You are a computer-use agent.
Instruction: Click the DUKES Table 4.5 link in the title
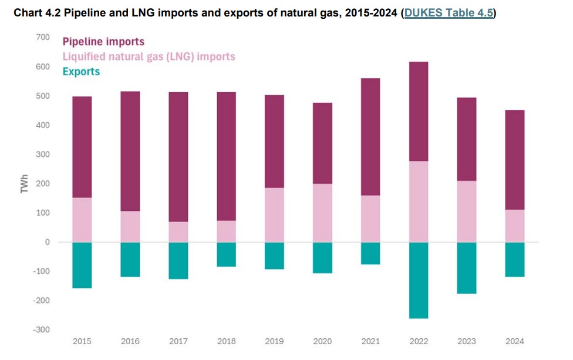(x=449, y=12)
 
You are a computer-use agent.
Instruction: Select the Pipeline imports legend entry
(x=103, y=42)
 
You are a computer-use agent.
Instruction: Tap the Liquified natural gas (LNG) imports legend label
(x=149, y=57)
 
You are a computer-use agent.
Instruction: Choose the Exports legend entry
(x=81, y=72)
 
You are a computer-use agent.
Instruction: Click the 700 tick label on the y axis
(x=42, y=38)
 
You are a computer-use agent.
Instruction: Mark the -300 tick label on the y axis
(x=41, y=329)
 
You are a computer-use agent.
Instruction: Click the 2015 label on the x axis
(x=82, y=341)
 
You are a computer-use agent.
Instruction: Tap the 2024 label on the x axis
(x=514, y=341)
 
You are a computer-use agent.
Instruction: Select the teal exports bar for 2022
(x=419, y=280)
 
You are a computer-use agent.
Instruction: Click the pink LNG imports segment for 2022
(x=419, y=201)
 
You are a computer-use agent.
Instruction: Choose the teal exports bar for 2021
(x=370, y=253)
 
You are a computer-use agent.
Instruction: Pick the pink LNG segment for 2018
(x=226, y=231)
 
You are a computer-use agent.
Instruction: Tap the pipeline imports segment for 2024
(x=514, y=160)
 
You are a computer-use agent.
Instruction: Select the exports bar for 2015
(x=82, y=265)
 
